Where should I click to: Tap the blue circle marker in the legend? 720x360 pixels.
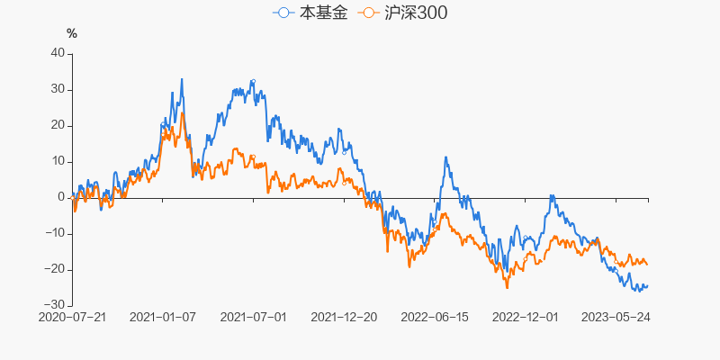284,13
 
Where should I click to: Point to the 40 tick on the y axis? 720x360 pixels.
58,53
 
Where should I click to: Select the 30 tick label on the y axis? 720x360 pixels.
58,89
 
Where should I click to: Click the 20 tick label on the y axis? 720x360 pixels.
58,125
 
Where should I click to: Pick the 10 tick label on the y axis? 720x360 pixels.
58,161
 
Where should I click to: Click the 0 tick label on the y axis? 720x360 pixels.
61,197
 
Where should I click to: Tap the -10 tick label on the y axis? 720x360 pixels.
55,233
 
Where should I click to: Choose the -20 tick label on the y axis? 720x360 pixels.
55,269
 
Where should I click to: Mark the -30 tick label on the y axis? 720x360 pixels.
55,305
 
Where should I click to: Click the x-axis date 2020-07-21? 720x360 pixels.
72,318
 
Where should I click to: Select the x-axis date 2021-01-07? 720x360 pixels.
163,318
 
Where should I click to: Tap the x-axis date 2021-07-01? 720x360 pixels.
253,318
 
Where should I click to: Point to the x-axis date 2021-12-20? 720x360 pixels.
345,318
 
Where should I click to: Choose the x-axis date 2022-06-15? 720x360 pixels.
435,318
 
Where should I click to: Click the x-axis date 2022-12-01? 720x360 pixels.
526,318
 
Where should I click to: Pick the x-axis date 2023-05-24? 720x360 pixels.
616,318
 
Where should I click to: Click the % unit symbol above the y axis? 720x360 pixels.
72,34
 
